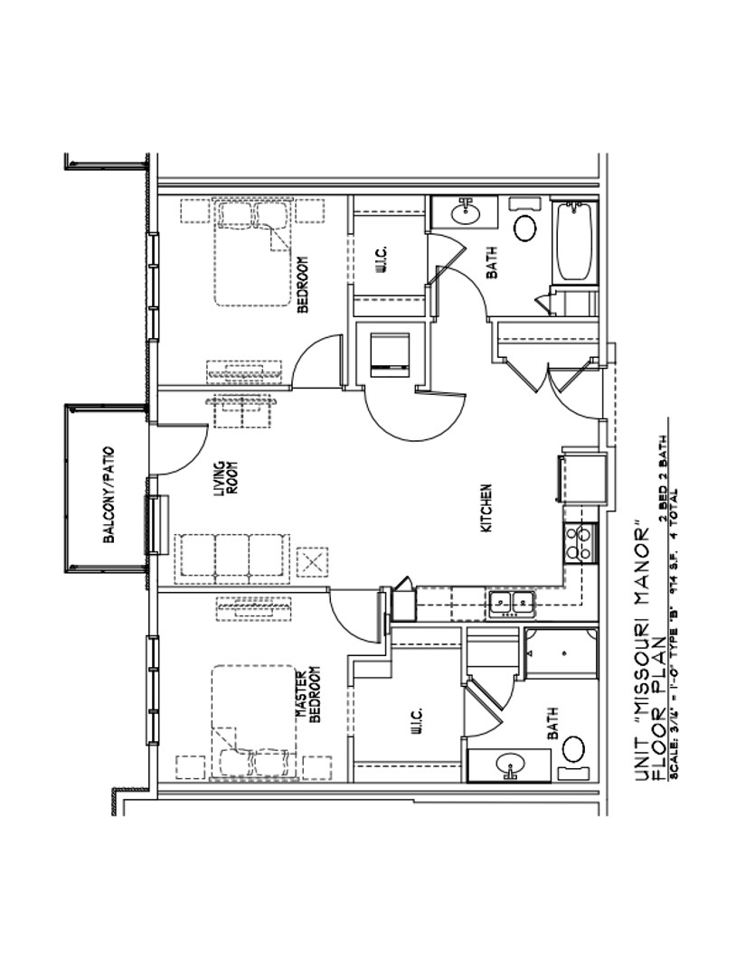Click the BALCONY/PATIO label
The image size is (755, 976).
coord(109,493)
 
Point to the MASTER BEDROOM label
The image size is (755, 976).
coord(308,695)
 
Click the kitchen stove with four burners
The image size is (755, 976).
coord(580,542)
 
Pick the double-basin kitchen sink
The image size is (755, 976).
coord(511,604)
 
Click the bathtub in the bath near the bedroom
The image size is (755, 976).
coord(575,240)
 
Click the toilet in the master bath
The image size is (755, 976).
coord(574,748)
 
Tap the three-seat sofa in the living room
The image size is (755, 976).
coord(233,555)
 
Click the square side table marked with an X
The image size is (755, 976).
coord(313,561)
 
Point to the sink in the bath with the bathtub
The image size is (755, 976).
coord(467,212)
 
